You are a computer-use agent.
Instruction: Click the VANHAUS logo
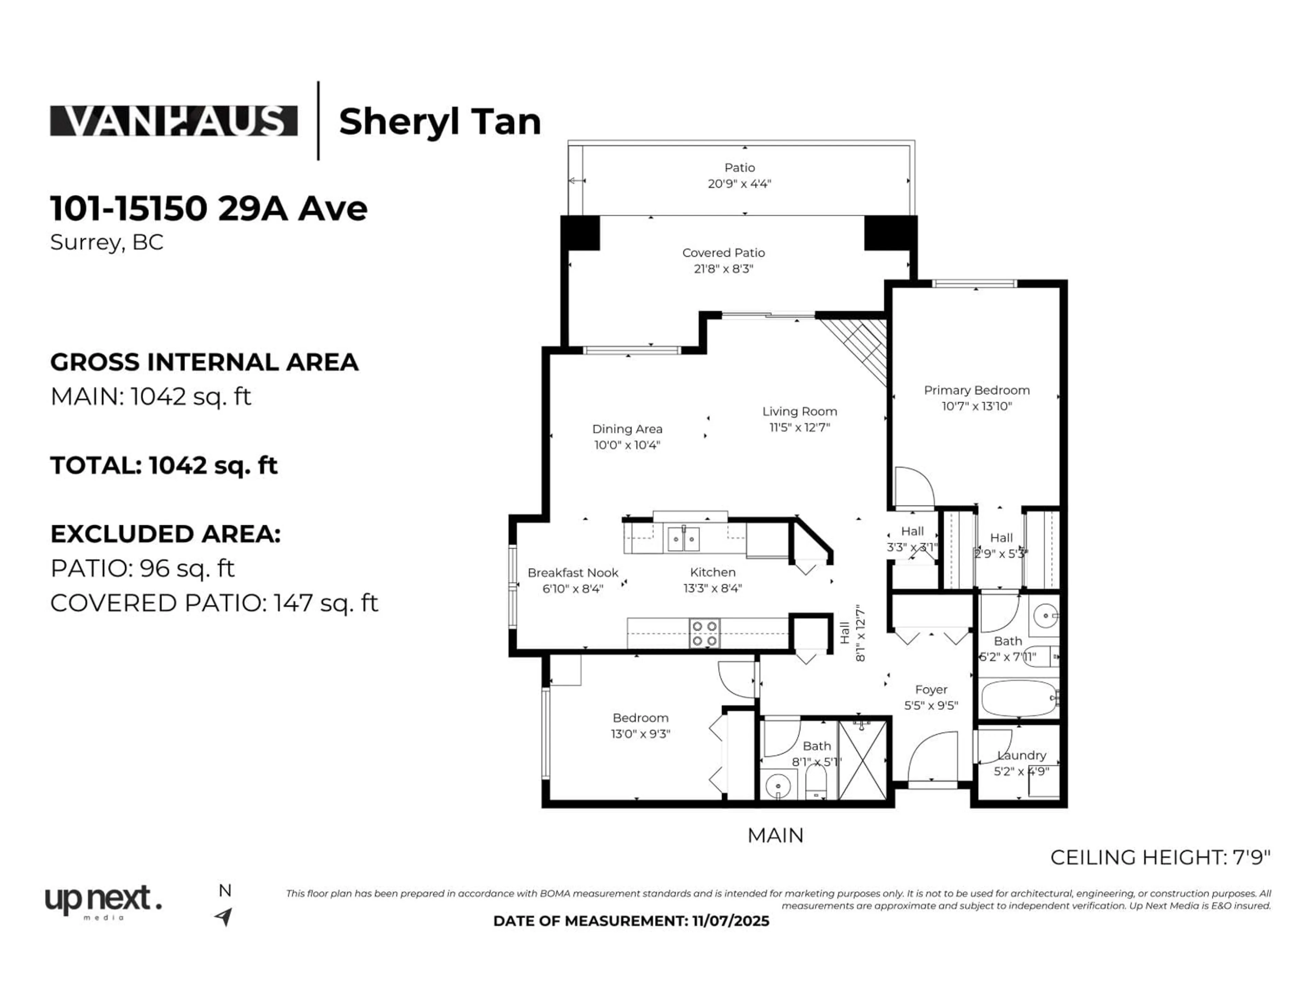[x=173, y=121]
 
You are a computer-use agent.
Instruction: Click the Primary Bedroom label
[x=976, y=390]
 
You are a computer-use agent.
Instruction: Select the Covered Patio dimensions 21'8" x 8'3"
[x=723, y=269]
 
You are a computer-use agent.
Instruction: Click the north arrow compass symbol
[x=223, y=916]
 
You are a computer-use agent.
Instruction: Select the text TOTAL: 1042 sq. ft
[x=164, y=466]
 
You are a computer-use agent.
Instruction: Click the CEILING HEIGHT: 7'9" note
[x=1160, y=857]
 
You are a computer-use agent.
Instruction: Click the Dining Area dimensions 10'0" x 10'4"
[x=627, y=445]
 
